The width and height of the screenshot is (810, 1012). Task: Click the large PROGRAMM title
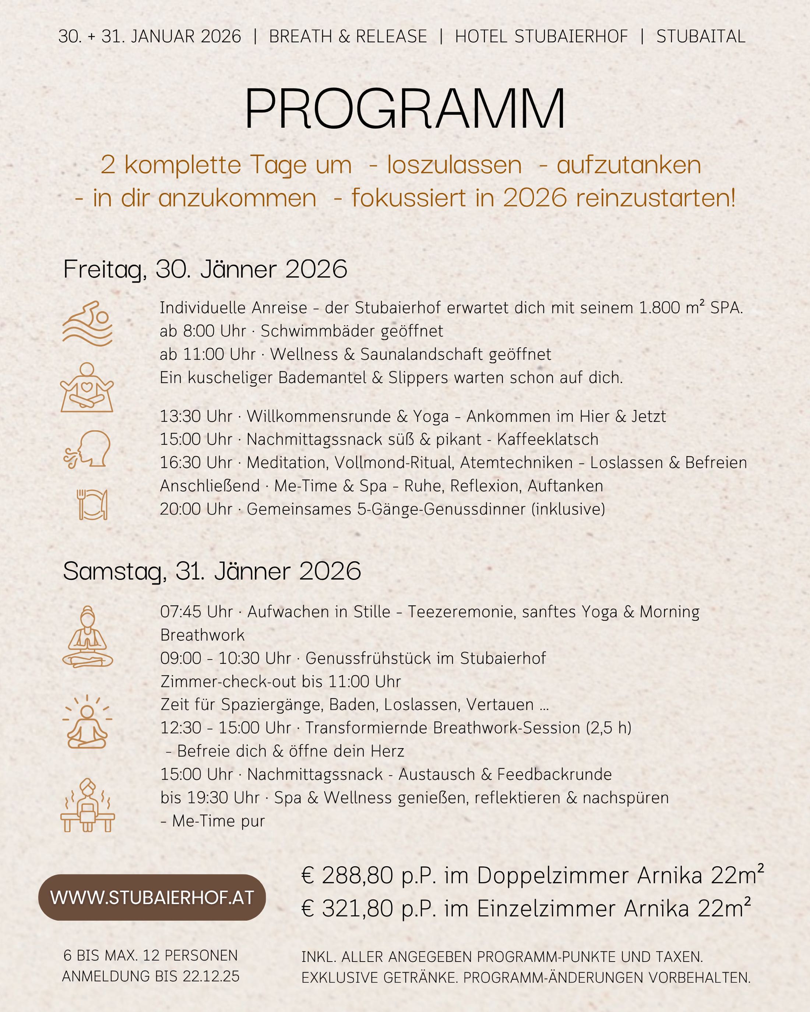tap(405, 109)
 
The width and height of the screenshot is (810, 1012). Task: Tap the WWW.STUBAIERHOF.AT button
tap(152, 898)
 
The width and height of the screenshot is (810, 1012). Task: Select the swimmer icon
tap(88, 323)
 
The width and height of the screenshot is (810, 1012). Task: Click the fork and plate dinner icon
tap(92, 505)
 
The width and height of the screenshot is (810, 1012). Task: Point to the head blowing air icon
tap(88, 449)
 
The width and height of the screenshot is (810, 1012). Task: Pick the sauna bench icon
tap(88, 806)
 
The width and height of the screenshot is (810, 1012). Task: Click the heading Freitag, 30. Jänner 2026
tap(205, 269)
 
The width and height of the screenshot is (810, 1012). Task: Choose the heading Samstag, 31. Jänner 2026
tap(212, 571)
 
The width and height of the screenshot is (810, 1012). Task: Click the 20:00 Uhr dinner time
tap(196, 509)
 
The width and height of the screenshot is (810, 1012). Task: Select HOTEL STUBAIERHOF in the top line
tap(541, 36)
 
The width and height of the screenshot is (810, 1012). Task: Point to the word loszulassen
tap(454, 165)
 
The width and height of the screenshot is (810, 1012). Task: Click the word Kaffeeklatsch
tap(547, 439)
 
